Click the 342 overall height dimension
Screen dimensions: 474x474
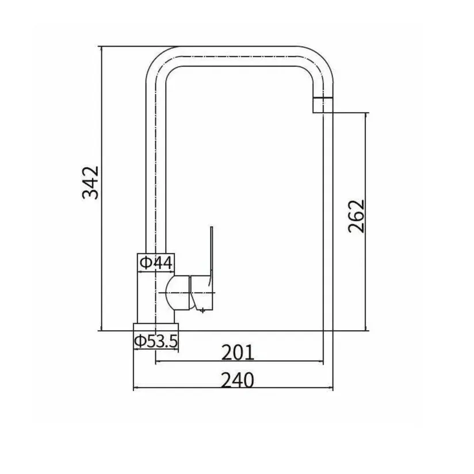90,182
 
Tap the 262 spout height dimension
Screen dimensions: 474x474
357,216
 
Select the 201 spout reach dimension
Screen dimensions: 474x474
238,353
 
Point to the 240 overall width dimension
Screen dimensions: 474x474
238,380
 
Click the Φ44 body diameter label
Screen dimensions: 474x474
156,262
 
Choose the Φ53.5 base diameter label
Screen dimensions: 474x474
156,341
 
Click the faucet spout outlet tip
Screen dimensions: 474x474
323,105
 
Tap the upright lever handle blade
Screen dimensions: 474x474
211,254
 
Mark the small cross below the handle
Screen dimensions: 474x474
202,309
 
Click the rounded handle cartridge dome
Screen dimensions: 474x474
178,293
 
